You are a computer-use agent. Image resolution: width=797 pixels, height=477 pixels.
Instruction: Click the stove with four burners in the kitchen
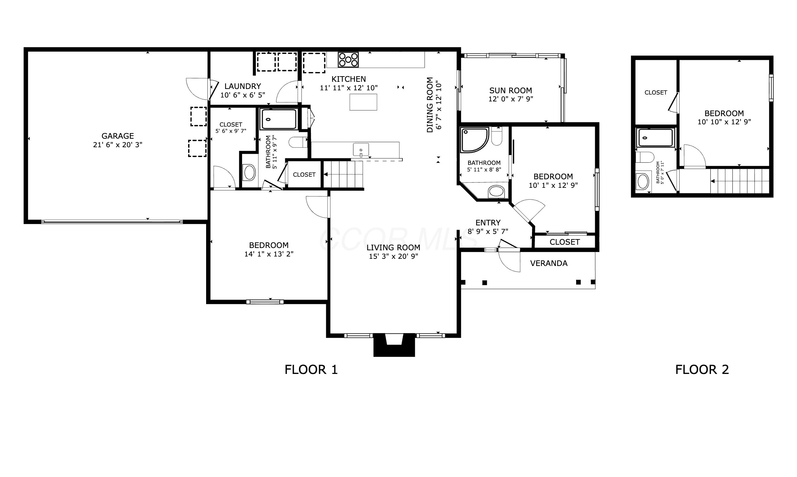(348, 60)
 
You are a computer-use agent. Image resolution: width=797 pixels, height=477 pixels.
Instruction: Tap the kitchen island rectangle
(363, 102)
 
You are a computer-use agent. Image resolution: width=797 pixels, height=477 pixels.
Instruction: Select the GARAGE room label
(117, 136)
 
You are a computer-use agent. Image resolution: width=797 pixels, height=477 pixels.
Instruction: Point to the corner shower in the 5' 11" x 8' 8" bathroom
(474, 140)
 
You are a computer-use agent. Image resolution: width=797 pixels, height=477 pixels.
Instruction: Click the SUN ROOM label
(511, 90)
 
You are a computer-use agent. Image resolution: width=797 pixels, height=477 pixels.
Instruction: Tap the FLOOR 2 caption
(702, 370)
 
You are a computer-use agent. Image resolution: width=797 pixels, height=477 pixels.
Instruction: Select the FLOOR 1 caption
(311, 370)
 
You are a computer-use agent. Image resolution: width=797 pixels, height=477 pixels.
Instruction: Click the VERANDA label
(549, 263)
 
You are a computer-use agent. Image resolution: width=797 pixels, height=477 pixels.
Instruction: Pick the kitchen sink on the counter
(361, 150)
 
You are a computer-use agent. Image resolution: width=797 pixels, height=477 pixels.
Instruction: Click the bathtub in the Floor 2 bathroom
(654, 137)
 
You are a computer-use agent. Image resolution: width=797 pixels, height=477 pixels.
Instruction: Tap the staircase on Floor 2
(739, 181)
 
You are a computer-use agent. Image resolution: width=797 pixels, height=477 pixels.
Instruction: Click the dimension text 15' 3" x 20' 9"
(393, 256)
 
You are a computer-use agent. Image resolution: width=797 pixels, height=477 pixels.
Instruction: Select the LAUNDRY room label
(242, 86)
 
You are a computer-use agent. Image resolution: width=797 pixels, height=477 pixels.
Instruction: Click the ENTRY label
(488, 223)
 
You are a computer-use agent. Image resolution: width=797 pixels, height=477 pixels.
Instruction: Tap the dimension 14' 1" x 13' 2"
(269, 254)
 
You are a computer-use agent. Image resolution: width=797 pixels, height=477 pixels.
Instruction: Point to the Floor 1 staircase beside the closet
(344, 174)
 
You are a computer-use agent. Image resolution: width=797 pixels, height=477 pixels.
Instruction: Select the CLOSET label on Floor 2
(656, 93)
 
